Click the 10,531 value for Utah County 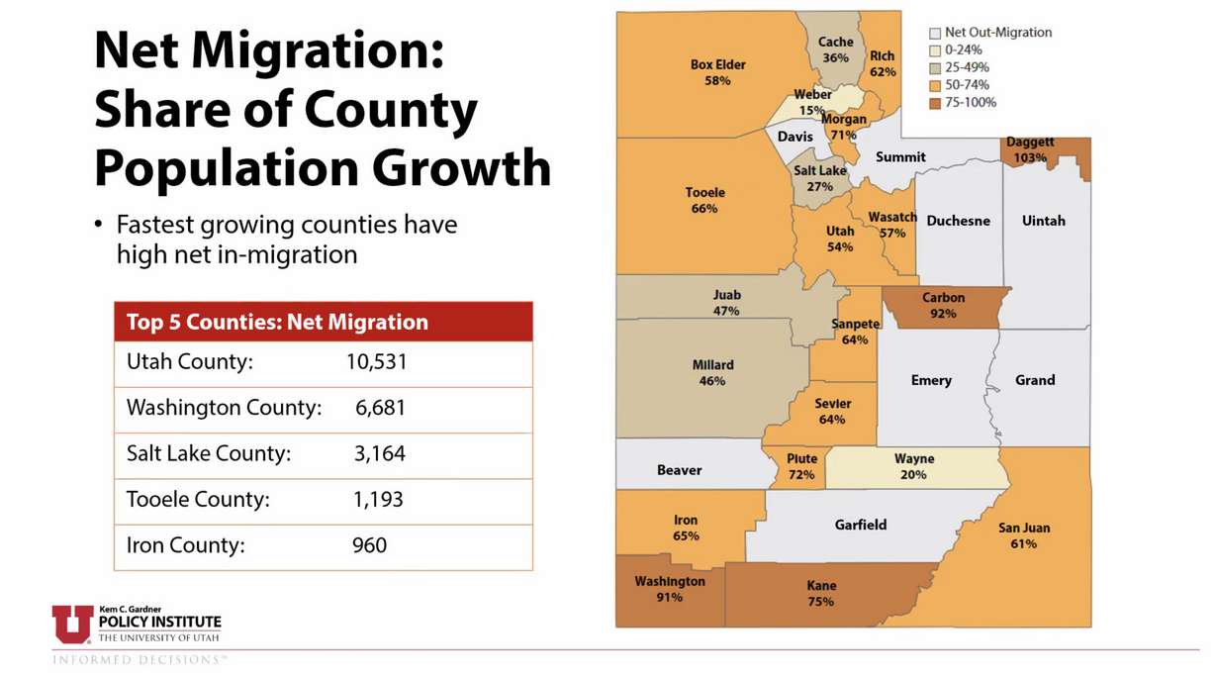click(376, 362)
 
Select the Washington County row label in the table click(224, 408)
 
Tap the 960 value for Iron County click(369, 544)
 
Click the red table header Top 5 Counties click(277, 323)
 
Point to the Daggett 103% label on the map click(1030, 149)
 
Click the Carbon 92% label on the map click(943, 305)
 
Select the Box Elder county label click(717, 72)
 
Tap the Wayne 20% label click(913, 466)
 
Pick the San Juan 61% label click(1023, 535)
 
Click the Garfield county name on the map click(860, 525)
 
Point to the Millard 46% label click(712, 372)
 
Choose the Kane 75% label click(821, 593)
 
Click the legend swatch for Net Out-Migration click(935, 33)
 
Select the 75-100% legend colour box click(935, 103)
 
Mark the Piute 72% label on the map click(801, 466)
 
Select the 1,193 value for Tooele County click(378, 499)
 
